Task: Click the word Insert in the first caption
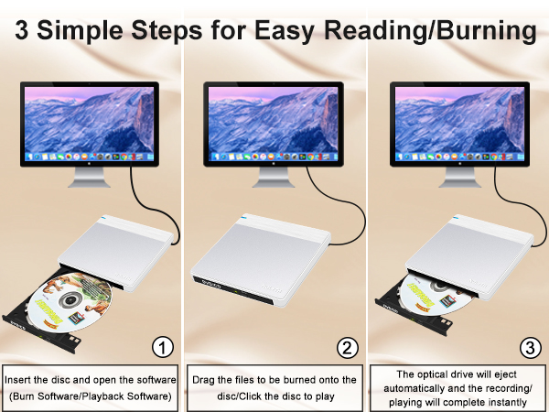click(22, 378)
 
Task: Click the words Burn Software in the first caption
click(46, 396)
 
